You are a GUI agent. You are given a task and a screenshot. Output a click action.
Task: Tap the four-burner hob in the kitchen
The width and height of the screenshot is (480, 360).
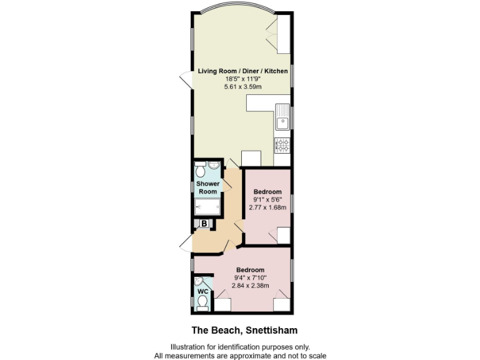[282, 146]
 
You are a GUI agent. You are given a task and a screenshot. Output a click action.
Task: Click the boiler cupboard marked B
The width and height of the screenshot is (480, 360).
[204, 223]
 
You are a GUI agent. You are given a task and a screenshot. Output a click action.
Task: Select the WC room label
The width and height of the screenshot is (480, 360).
[202, 291]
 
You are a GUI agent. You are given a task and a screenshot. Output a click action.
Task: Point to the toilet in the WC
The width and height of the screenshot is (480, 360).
[202, 302]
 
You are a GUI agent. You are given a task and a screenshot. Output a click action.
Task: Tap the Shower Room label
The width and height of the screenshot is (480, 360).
[207, 187]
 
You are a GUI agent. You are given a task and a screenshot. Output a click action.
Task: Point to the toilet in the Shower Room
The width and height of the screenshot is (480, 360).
[199, 171]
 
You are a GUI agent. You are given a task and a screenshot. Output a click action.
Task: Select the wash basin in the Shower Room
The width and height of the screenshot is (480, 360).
[212, 165]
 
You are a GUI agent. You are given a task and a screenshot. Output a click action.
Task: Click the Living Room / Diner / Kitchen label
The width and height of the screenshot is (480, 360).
[243, 71]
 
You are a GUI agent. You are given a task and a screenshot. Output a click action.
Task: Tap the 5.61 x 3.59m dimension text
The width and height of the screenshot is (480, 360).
[243, 87]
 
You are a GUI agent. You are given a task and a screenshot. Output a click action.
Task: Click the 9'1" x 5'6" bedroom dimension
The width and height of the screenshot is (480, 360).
[268, 199]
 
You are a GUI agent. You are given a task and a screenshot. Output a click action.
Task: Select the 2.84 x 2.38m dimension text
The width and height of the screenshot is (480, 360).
[250, 286]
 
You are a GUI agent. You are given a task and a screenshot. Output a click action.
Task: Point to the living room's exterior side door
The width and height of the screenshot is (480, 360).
[186, 81]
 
